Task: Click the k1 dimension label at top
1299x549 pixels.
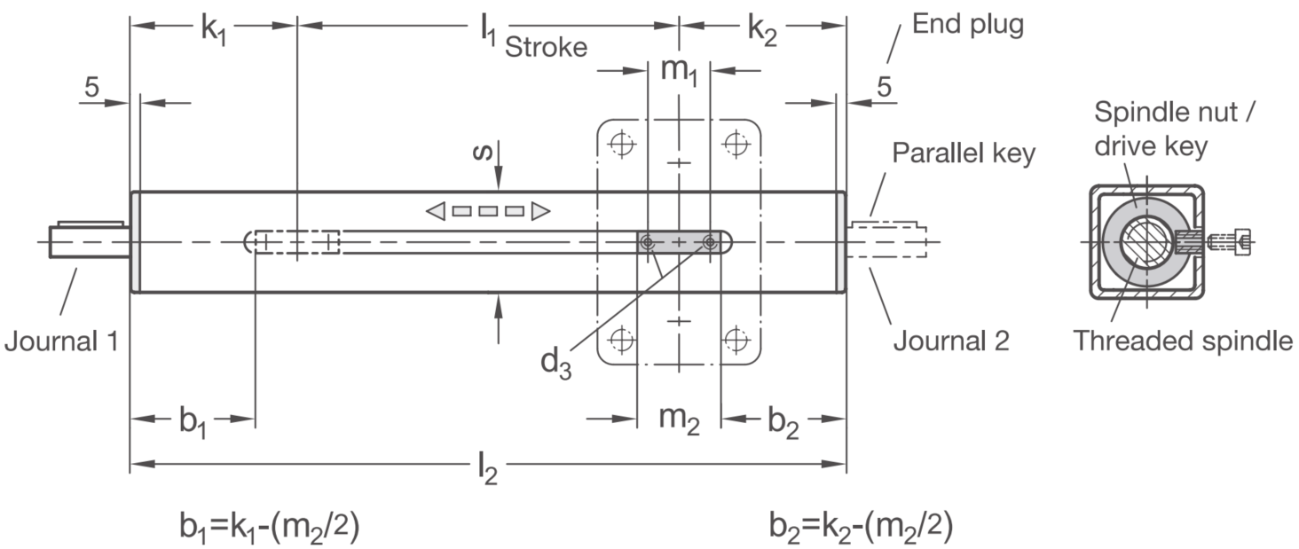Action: click(213, 30)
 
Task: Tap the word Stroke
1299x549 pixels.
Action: click(546, 47)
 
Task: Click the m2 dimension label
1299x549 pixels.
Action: click(679, 420)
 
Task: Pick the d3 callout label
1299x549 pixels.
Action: click(555, 364)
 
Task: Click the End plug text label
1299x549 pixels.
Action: click(968, 25)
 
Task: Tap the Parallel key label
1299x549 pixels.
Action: click(964, 153)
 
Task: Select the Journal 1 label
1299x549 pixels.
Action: click(61, 341)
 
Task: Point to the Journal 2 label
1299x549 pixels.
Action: click(951, 341)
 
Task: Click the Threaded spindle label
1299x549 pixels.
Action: click(1183, 341)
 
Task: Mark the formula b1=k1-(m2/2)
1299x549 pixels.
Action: click(270, 526)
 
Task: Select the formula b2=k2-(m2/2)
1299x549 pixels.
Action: click(862, 526)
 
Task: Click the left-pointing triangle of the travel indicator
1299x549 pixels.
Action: click(436, 211)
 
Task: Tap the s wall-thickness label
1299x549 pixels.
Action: click(483, 152)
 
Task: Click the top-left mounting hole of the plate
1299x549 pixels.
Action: click(621, 144)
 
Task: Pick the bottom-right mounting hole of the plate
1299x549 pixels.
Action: click(736, 339)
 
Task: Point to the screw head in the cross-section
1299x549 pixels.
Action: click(1242, 241)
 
